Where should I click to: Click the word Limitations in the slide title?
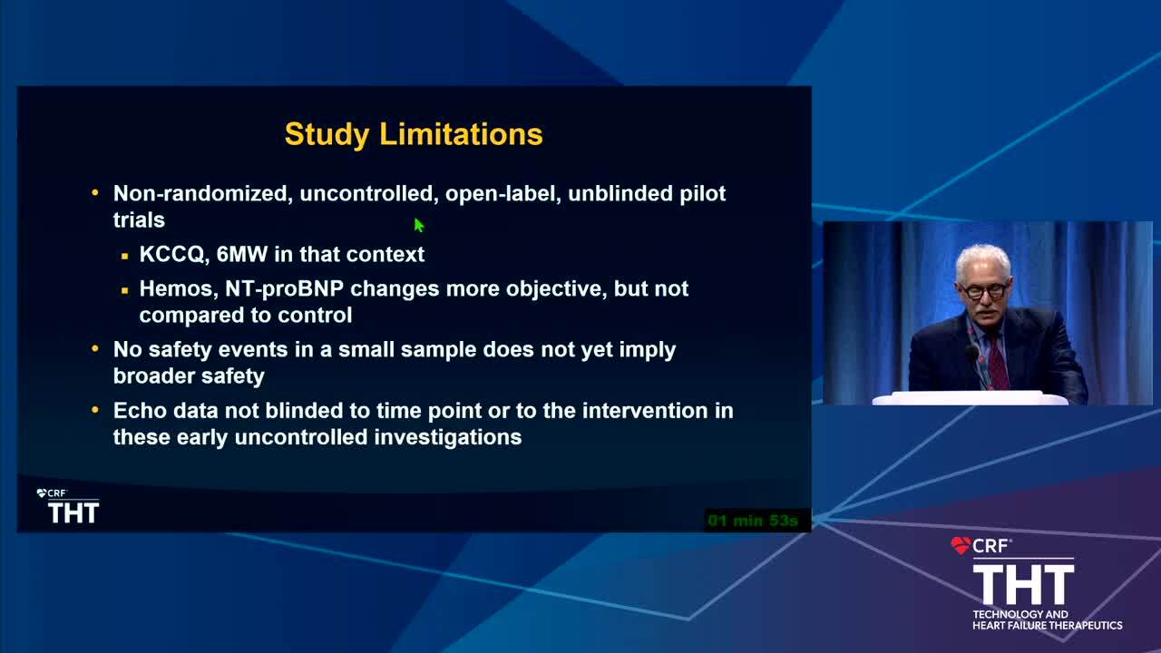coord(461,133)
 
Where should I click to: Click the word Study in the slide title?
coord(327,135)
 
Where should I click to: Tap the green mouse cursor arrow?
coord(419,225)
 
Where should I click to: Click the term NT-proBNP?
coord(284,289)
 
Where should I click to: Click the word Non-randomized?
coord(200,193)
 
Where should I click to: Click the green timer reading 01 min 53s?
coord(753,520)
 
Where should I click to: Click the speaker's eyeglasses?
coord(983,291)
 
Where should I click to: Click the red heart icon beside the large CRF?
coord(961,545)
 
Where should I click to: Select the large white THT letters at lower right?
coord(1024,585)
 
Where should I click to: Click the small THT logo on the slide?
coord(73,512)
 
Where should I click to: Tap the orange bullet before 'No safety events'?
coord(95,349)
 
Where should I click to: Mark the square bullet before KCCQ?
coord(124,256)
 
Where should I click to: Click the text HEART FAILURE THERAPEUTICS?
coord(1047,626)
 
